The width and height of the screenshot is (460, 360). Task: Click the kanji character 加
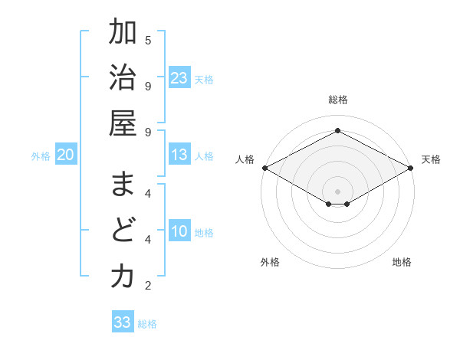123,33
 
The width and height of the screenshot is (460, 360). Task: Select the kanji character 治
123,79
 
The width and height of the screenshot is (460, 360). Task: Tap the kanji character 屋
123,125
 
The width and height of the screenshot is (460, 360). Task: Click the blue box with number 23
179,77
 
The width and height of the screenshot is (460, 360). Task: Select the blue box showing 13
179,155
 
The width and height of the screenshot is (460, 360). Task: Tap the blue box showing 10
179,232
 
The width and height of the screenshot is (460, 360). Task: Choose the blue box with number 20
66,155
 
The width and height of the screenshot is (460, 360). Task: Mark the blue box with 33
123,322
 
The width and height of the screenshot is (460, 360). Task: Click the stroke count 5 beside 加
148,40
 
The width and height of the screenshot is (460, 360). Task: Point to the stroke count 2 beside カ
148,286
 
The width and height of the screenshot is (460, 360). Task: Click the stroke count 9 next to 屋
148,132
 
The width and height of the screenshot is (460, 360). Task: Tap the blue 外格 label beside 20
41,156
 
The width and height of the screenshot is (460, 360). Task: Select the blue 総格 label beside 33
147,323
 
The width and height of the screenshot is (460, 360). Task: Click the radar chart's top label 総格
337,100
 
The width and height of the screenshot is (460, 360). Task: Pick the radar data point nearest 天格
412,168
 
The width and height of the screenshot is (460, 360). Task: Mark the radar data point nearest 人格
264,168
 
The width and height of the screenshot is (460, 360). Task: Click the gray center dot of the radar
337,190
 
